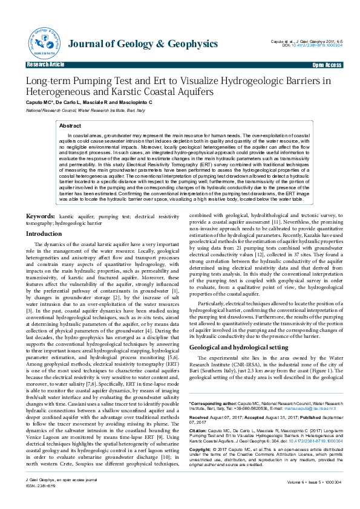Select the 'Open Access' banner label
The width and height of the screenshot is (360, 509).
point(326,64)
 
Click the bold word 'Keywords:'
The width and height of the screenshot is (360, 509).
point(41,216)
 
